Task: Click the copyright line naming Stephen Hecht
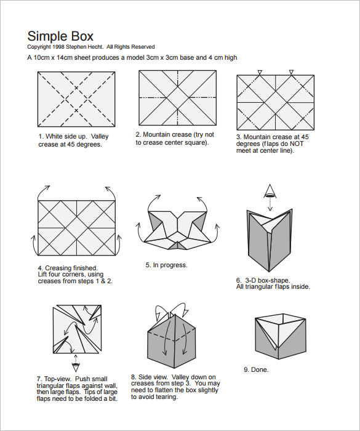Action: [x=91, y=47]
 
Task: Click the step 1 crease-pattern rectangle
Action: [x=77, y=98]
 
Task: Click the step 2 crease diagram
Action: [x=178, y=98]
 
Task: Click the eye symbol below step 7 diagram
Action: [x=74, y=360]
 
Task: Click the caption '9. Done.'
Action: [x=256, y=369]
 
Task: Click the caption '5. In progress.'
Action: [x=166, y=265]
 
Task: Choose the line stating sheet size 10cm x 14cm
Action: [x=132, y=58]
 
